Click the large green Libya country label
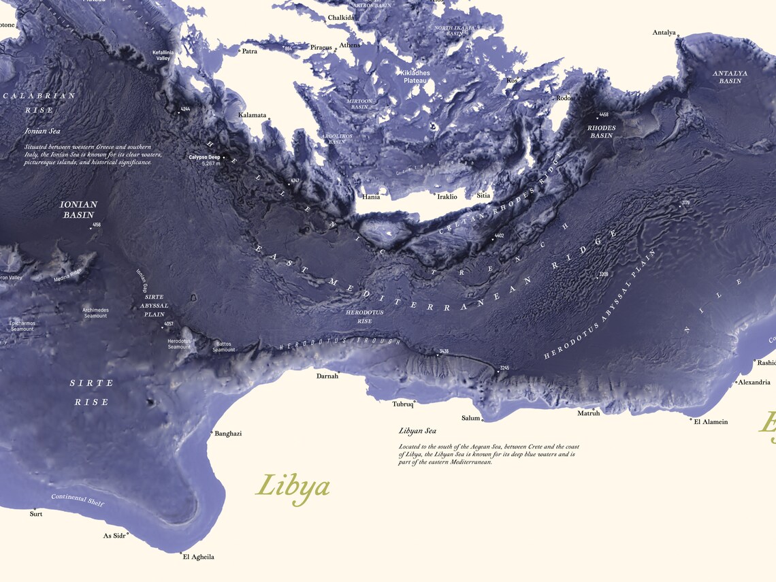293,487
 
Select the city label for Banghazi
228,434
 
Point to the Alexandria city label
754,383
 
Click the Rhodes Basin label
601,132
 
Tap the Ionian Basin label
79,210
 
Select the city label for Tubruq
403,404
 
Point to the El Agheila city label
198,557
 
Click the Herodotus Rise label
365,317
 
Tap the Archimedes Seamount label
95,313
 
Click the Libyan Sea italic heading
417,431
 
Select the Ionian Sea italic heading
42,131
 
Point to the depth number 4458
603,115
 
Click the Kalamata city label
252,115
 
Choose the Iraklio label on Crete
447,197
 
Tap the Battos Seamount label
224,347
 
